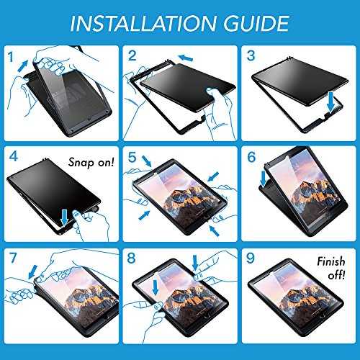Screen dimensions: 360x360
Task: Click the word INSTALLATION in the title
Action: click(x=143, y=23)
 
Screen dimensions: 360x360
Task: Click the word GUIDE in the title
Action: click(x=256, y=23)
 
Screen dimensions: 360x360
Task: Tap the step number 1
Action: click(x=10, y=58)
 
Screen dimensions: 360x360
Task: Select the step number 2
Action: click(x=132, y=55)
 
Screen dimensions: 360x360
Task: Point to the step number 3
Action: click(x=251, y=55)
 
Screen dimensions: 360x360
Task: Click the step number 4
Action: click(x=14, y=156)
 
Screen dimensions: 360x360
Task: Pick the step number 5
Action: click(x=132, y=157)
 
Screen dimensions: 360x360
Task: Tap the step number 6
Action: click(x=251, y=157)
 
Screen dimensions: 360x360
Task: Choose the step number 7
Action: click(x=13, y=258)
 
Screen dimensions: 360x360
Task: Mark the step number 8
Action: click(x=132, y=258)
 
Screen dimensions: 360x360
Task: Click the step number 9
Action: click(x=251, y=258)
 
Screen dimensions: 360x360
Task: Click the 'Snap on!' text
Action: click(x=91, y=163)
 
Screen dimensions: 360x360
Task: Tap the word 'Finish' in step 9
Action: click(x=331, y=261)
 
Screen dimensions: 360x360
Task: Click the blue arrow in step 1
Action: click(x=23, y=66)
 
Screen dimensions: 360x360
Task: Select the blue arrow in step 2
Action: click(x=186, y=58)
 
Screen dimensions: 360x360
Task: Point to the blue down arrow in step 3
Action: click(x=331, y=102)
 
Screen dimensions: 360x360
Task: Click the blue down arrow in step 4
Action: click(x=64, y=217)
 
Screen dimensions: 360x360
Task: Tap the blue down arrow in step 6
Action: click(x=264, y=179)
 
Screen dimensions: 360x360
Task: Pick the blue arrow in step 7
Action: click(x=33, y=272)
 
